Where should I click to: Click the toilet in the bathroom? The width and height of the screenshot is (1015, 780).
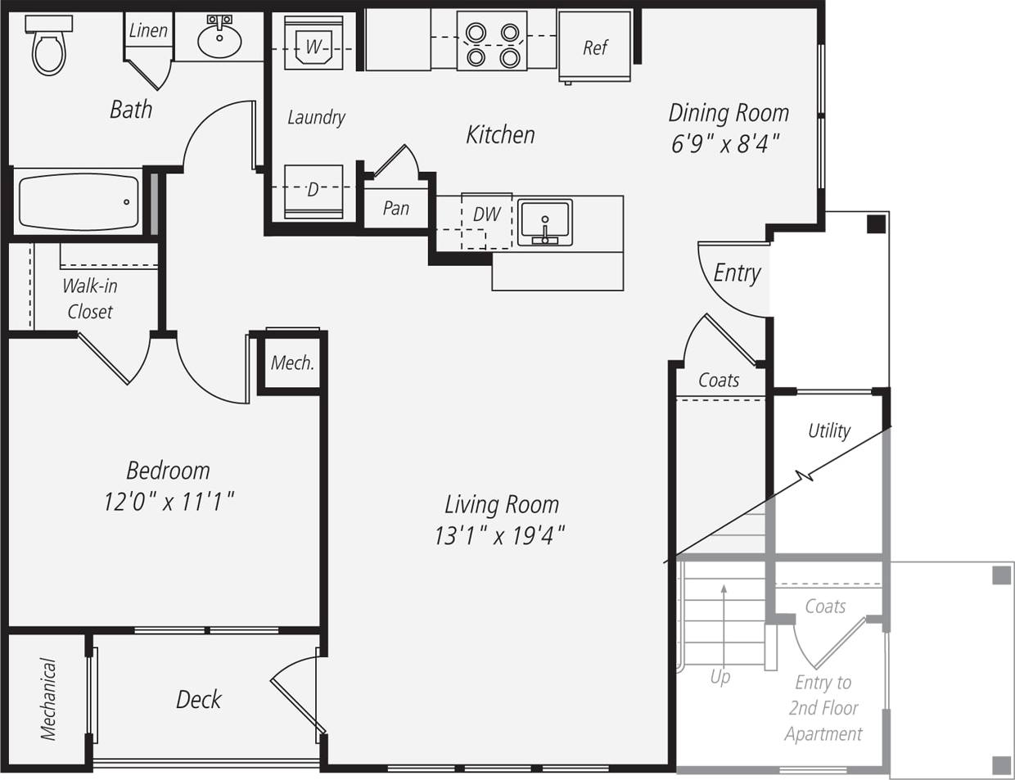click(x=49, y=47)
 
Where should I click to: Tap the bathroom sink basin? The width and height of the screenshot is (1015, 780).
click(x=219, y=38)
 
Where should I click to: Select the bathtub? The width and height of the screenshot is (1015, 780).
click(x=79, y=201)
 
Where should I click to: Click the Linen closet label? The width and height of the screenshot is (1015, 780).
click(x=148, y=31)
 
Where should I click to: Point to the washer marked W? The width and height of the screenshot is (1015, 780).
click(x=314, y=47)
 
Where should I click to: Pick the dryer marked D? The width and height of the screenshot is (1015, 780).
click(x=313, y=191)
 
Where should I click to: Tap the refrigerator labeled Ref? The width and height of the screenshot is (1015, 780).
click(x=595, y=47)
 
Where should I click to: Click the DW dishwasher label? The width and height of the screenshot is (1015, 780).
click(x=486, y=214)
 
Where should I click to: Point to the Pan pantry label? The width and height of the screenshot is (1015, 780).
click(x=395, y=208)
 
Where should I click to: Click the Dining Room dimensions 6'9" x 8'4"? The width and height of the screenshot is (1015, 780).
click(x=724, y=144)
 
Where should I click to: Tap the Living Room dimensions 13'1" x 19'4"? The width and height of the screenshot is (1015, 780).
click(x=500, y=536)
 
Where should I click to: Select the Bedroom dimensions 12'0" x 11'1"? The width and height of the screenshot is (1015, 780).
click(x=169, y=501)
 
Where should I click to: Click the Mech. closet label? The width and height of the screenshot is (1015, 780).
click(x=292, y=363)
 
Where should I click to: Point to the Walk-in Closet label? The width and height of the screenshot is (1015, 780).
click(x=90, y=299)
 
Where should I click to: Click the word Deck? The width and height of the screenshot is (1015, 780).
click(x=199, y=699)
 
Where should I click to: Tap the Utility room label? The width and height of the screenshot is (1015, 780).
click(x=828, y=431)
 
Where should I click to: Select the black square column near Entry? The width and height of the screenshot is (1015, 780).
click(x=876, y=223)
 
